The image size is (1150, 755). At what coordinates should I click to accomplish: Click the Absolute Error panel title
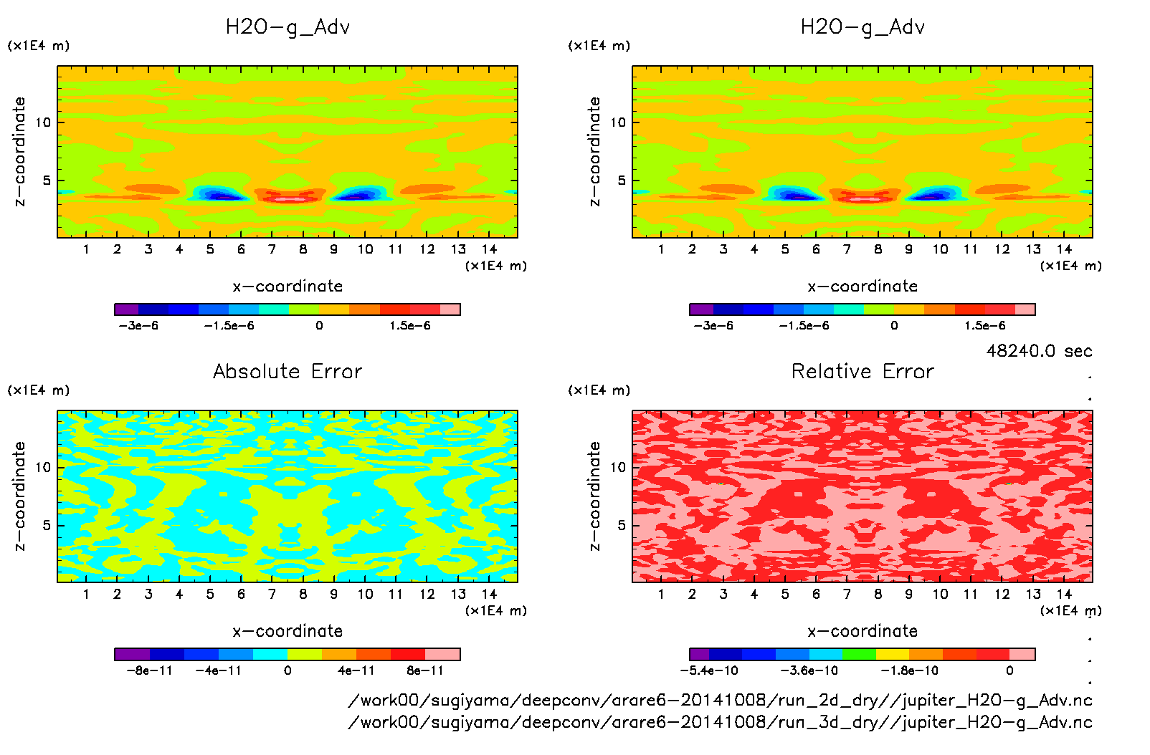click(x=287, y=371)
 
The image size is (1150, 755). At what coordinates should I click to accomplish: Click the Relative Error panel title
click(x=862, y=371)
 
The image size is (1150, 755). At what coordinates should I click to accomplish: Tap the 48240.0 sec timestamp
click(x=1039, y=351)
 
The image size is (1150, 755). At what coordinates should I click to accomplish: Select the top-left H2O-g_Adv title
click(x=287, y=27)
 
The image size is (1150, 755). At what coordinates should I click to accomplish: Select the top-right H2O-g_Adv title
click(x=862, y=27)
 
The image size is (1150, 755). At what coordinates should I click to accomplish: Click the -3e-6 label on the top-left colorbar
click(x=138, y=326)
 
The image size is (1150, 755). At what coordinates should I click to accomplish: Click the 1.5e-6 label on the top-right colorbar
click(x=984, y=326)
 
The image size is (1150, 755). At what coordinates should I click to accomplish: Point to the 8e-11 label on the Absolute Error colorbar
click(x=425, y=671)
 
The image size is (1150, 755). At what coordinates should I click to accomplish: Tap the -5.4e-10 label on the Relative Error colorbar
click(x=709, y=671)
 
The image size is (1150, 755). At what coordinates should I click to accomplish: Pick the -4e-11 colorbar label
click(x=219, y=671)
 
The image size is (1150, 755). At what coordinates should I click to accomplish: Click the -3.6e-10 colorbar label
click(x=809, y=671)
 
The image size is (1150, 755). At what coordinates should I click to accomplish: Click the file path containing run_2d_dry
click(x=720, y=701)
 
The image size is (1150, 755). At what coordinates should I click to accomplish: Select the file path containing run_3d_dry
click(x=720, y=722)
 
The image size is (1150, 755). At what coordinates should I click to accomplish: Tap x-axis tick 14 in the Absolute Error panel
click(x=489, y=594)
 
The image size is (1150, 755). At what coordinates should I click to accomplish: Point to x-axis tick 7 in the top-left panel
click(x=272, y=249)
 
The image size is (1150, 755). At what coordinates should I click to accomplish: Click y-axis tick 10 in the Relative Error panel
click(x=618, y=467)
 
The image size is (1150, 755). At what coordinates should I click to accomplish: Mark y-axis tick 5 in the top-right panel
click(x=622, y=181)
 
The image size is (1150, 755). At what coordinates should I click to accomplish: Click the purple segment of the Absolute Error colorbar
click(x=132, y=654)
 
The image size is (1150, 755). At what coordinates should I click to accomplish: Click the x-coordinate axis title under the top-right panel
click(x=862, y=287)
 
